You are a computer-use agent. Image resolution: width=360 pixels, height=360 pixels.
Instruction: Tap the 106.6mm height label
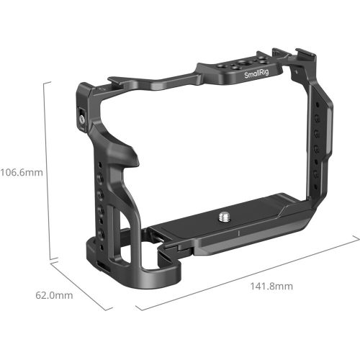click(21, 172)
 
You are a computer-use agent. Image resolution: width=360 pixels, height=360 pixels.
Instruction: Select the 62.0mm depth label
click(55, 295)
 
